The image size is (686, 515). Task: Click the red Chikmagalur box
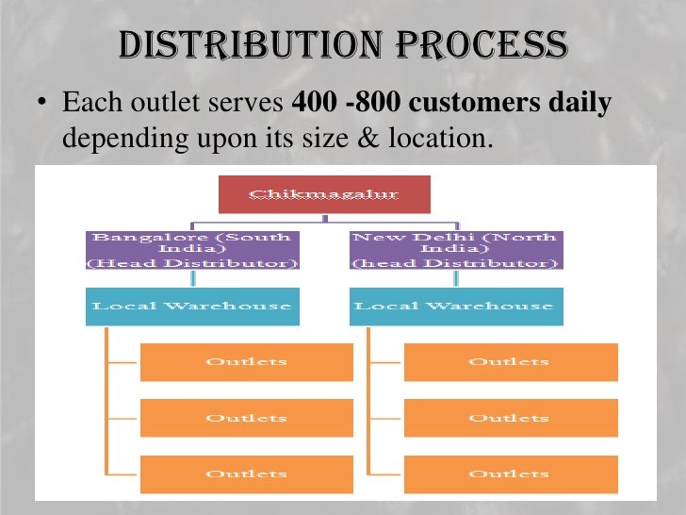tap(324, 194)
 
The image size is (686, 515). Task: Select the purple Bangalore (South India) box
tap(192, 250)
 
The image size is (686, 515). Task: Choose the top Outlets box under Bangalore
tap(246, 362)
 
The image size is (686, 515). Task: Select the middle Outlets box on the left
tap(246, 418)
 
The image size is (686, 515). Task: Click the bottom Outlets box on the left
tap(246, 473)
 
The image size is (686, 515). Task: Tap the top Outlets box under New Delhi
tap(510, 362)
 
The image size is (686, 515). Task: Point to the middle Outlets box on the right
tap(510, 418)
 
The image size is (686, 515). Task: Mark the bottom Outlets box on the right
tap(510, 473)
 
